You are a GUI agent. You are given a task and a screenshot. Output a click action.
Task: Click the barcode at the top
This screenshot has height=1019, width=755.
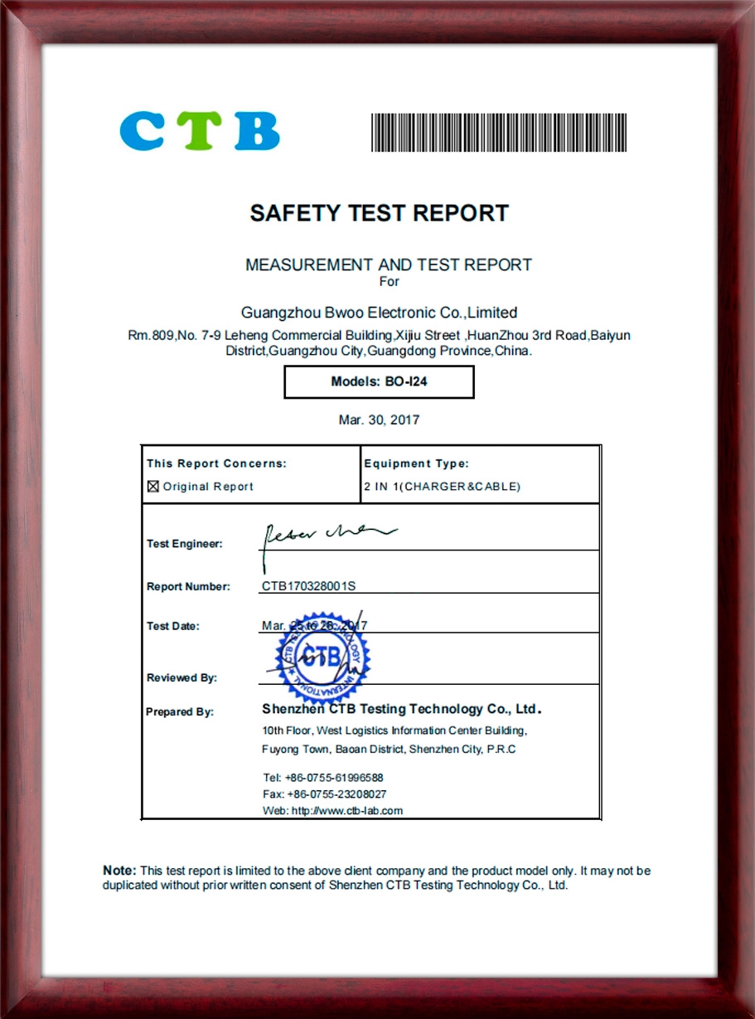click(498, 132)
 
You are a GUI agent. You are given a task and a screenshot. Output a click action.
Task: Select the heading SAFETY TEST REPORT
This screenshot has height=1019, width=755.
click(379, 213)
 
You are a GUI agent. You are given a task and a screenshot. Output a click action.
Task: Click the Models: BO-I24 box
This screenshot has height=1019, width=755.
click(379, 382)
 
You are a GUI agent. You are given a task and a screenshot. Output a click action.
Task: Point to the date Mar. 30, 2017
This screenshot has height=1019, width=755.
click(379, 420)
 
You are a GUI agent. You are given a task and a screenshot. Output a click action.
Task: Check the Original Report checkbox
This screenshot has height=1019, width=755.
click(152, 487)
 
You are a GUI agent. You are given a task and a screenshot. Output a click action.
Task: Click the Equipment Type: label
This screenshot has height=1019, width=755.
click(416, 463)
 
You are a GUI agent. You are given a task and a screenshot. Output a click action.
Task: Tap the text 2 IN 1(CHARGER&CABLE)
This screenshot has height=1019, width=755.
click(442, 487)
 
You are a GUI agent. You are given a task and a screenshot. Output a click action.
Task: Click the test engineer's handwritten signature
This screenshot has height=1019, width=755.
click(323, 536)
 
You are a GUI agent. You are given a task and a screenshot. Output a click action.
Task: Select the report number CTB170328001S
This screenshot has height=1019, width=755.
click(308, 586)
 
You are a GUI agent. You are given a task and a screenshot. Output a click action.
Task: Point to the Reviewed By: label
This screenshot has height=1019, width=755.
click(181, 677)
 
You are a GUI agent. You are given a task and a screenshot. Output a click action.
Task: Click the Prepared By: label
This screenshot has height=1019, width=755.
click(180, 711)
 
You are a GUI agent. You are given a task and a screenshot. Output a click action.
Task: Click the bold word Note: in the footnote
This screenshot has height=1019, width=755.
click(119, 871)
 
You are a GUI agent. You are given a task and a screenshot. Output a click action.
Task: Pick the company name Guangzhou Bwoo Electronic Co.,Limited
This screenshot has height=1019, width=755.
click(379, 313)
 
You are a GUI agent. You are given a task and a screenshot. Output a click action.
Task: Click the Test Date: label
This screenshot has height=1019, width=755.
click(173, 626)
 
